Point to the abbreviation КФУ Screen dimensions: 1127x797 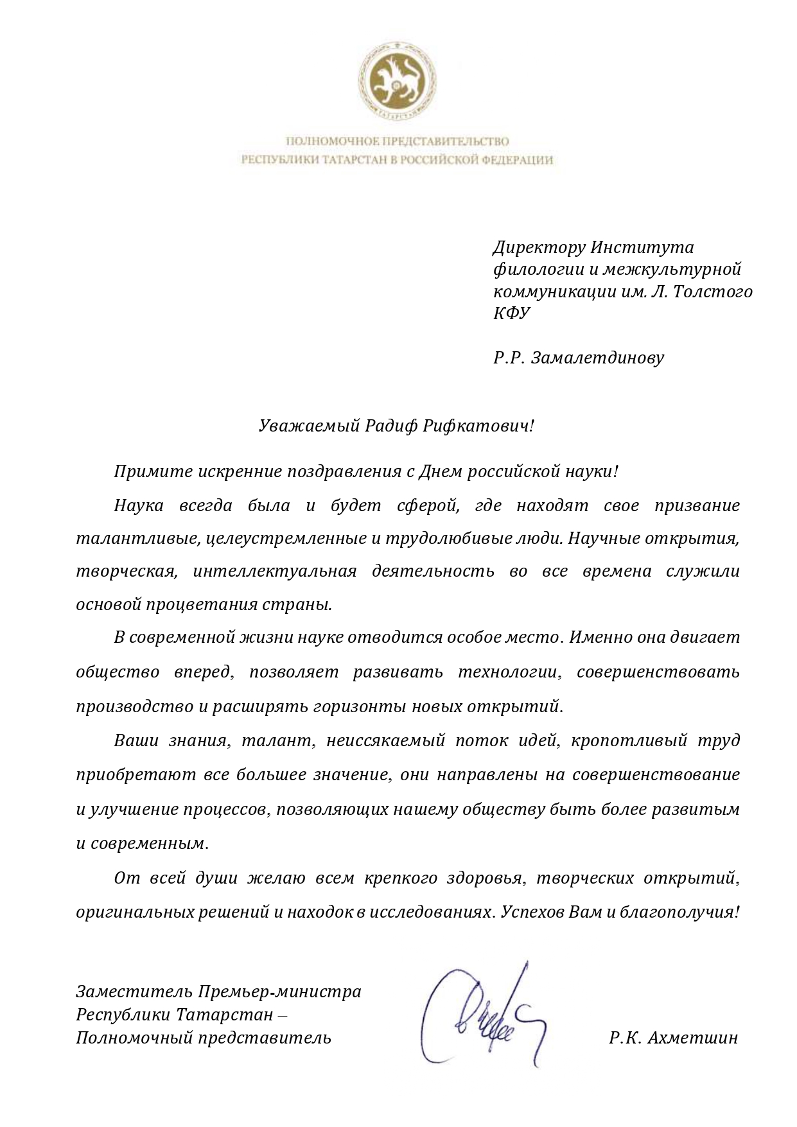coord(512,313)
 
